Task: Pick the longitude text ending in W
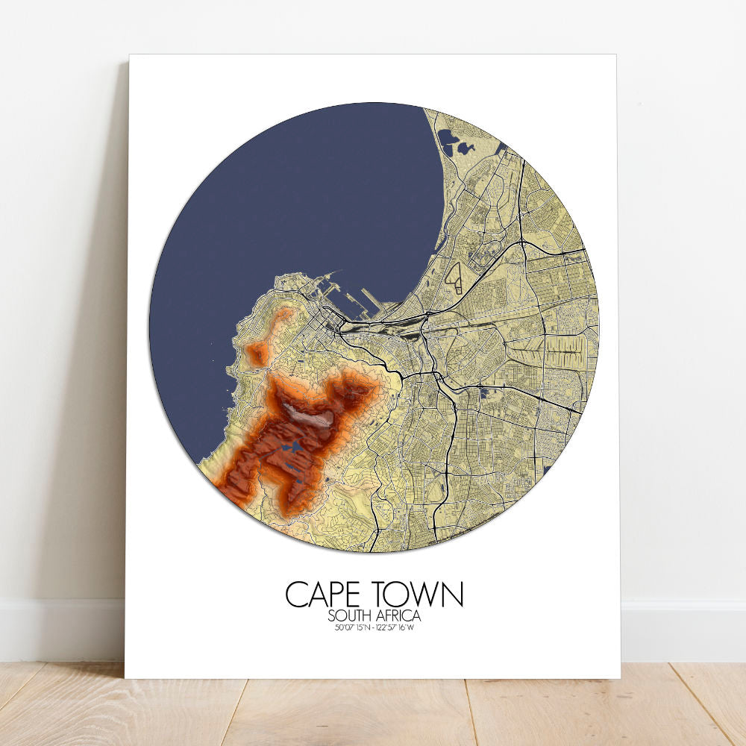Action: tap(398, 627)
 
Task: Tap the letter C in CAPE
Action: tap(297, 595)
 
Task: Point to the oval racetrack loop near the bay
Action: tap(455, 278)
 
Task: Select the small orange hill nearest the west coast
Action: tap(257, 354)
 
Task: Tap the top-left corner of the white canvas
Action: tap(130, 55)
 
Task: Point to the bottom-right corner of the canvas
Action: tap(619, 677)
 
